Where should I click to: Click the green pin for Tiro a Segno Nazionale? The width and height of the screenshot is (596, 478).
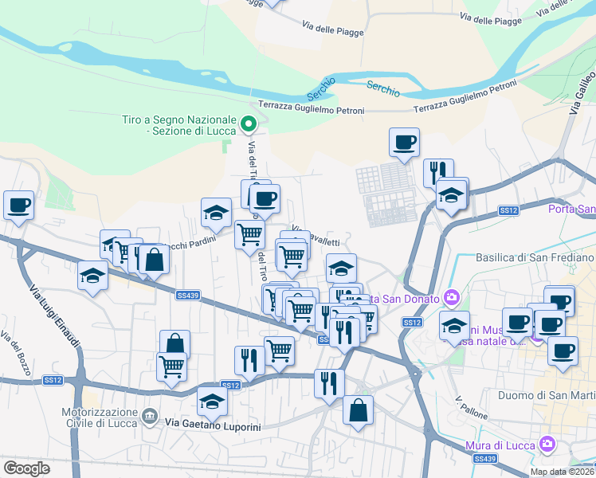(x=249, y=123)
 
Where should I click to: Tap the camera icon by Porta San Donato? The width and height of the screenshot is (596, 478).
(x=452, y=298)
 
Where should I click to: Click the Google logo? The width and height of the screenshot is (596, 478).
(x=27, y=468)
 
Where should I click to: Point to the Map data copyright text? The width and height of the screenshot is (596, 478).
(x=562, y=472)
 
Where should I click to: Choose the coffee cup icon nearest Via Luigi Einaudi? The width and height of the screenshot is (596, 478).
(x=18, y=205)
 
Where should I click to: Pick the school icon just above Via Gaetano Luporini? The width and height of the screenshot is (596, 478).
(x=212, y=402)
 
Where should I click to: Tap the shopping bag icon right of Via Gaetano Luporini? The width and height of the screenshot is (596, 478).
(x=358, y=410)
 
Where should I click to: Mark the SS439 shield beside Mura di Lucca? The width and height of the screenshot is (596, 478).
(x=483, y=459)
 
